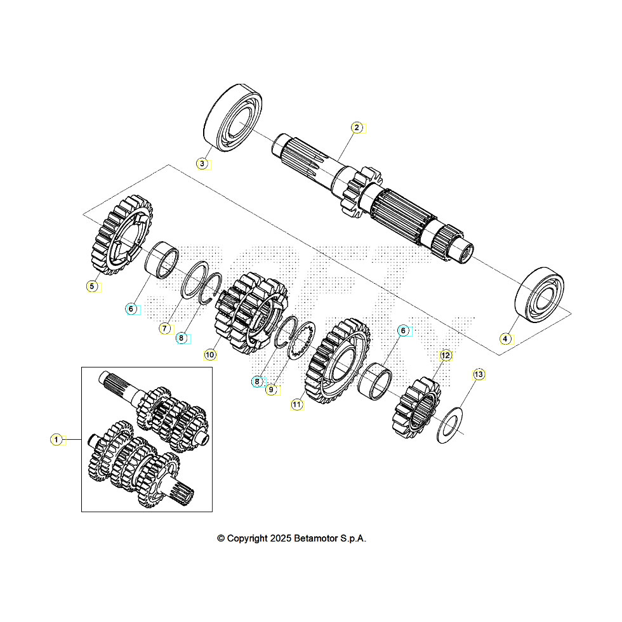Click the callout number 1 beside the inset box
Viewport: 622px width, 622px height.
56,439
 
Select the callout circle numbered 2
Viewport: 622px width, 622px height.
357,128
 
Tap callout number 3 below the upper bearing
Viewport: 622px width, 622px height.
202,164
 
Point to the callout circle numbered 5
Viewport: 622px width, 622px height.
92,286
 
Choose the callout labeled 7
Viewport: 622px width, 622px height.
164,328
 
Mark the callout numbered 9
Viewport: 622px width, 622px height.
271,390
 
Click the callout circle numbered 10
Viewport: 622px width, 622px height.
210,355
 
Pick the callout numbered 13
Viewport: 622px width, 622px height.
479,374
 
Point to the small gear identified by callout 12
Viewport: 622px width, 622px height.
416,406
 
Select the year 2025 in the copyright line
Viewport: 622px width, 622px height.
281,538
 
